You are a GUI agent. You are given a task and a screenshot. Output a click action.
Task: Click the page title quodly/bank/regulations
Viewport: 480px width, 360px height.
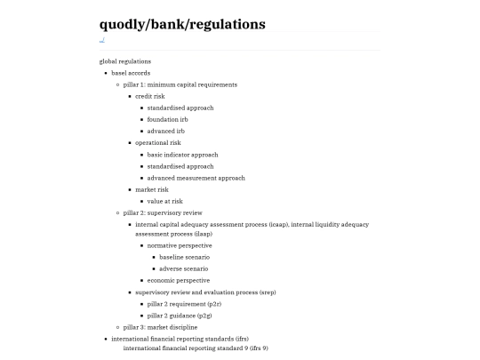pos(182,24)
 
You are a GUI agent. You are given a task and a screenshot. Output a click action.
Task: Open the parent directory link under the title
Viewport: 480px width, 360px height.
pos(102,40)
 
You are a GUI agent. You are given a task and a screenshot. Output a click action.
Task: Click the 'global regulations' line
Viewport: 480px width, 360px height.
pos(124,61)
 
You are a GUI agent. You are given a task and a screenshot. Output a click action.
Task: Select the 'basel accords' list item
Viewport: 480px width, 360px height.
pos(131,73)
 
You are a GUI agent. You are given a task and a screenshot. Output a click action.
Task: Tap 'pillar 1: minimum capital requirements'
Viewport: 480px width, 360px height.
pos(180,84)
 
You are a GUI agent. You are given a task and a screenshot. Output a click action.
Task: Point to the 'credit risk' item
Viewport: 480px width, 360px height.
pos(150,96)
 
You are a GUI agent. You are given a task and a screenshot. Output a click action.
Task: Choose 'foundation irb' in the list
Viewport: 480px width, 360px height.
pos(168,119)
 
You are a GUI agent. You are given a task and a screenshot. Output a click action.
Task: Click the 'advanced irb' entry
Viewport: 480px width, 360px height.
pos(166,131)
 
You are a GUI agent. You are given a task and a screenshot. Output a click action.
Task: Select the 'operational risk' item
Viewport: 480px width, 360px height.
pos(158,142)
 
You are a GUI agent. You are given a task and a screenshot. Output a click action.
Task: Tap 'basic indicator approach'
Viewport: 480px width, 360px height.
pos(182,155)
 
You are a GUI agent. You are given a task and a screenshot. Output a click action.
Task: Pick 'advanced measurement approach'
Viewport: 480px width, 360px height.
pos(196,178)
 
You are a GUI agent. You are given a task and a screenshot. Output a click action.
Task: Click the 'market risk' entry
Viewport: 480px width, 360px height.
pos(152,189)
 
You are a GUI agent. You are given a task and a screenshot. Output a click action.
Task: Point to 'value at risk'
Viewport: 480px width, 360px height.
pos(165,201)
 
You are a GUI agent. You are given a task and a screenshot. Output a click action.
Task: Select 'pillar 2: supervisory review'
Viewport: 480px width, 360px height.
pos(163,212)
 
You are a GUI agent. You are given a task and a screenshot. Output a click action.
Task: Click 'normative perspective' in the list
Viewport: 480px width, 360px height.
pos(180,245)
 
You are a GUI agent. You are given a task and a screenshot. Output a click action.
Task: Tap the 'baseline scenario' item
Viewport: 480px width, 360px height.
pos(184,257)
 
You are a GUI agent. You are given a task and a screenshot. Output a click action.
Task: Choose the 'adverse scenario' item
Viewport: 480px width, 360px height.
pos(184,268)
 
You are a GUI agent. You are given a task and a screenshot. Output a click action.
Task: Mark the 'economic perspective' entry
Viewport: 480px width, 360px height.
pos(179,280)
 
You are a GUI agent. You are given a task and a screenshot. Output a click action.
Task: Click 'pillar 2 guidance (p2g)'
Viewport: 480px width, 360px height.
pos(180,316)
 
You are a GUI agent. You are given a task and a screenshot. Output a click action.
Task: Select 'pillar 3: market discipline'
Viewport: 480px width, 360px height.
pos(161,327)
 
